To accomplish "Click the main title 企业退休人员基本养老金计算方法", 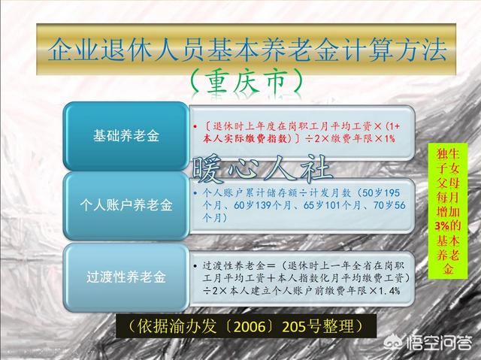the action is (x=247, y=49).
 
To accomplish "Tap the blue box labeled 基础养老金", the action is (x=126, y=136).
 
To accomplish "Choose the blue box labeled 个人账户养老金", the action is (x=126, y=205).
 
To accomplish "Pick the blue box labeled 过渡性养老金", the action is (x=126, y=277).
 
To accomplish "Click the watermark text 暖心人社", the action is (x=262, y=168).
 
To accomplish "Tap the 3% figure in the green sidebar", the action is (x=442, y=226).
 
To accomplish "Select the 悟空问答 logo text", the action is (x=439, y=343).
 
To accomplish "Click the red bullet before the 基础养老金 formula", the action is (x=195, y=126).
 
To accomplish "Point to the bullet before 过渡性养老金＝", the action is (x=195, y=266).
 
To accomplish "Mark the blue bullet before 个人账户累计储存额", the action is (x=195, y=193).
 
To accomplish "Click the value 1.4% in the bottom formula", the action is (x=389, y=290).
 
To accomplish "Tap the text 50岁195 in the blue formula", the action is (x=381, y=193).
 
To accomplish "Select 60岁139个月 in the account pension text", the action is (x=262, y=205).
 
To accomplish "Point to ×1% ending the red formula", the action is (x=385, y=138).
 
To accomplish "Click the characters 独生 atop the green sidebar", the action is (x=448, y=154).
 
